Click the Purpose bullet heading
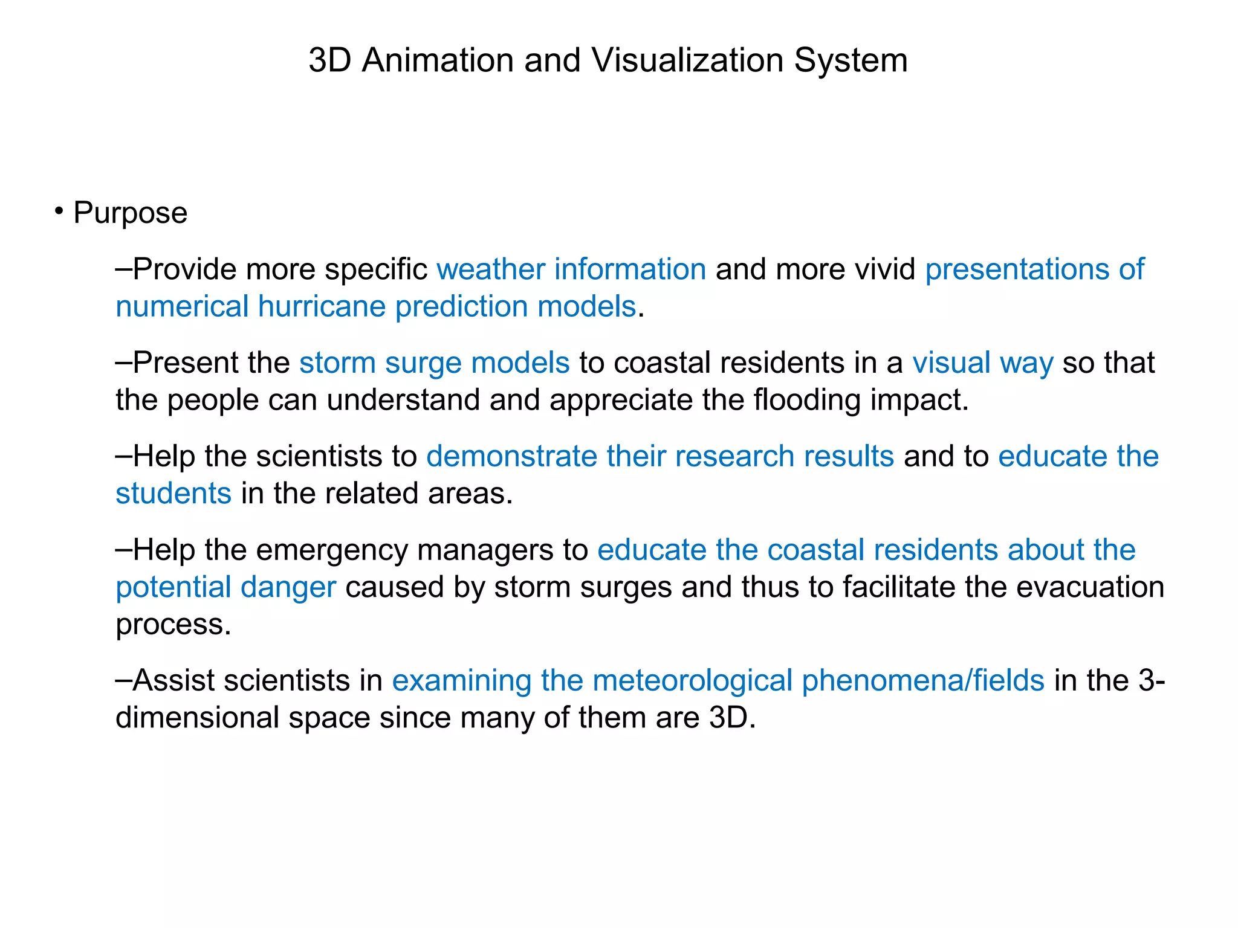pos(130,213)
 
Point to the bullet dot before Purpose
pos(59,211)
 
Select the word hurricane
pos(322,306)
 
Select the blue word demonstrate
pos(511,456)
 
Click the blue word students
pos(173,493)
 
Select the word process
pos(173,625)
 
